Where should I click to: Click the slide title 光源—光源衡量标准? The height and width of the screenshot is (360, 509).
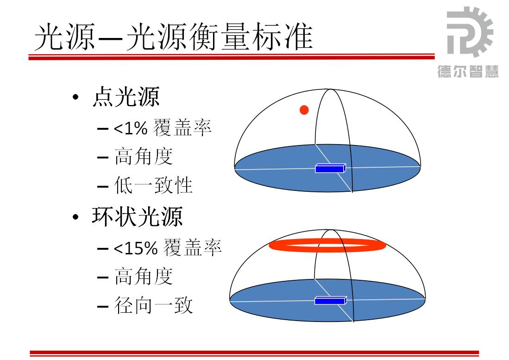tap(174, 37)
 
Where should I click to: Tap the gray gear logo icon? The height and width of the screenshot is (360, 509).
tap(470, 32)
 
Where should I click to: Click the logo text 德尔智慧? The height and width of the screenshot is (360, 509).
tap(468, 71)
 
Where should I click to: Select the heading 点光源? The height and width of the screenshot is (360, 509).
tap(126, 96)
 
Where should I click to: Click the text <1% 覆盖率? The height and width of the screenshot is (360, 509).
tap(162, 127)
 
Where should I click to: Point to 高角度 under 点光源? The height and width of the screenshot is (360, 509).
tap(144, 157)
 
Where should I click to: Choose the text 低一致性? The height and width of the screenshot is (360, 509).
tap(153, 185)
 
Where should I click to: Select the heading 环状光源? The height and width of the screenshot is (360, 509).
tap(137, 216)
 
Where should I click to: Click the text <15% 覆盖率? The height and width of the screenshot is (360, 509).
tap(168, 247)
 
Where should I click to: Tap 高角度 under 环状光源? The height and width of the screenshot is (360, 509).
tap(144, 276)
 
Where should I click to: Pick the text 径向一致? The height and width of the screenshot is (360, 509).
tap(153, 305)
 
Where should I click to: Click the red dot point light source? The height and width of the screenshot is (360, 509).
tap(304, 110)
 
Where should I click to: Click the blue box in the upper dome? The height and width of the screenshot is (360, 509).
tap(331, 168)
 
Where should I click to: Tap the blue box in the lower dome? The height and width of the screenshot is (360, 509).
tap(331, 300)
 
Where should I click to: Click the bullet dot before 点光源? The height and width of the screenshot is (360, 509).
tap(75, 97)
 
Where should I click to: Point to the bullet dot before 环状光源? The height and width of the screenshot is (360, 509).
tap(75, 217)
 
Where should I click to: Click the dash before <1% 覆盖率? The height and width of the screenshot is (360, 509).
tap(102, 129)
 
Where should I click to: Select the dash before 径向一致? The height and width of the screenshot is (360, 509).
tap(102, 306)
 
